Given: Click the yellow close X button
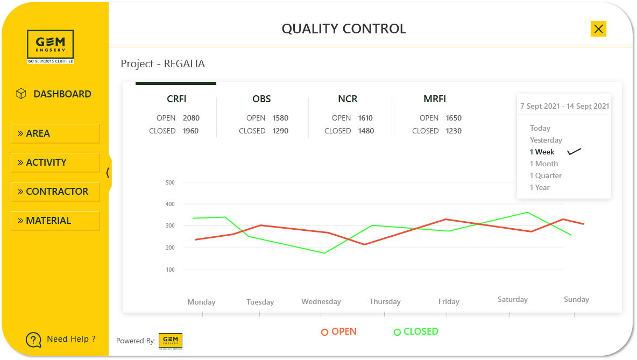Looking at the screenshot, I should click(x=598, y=29).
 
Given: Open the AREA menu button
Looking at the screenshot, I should click(x=55, y=133).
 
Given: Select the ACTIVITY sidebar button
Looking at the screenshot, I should click(x=55, y=163).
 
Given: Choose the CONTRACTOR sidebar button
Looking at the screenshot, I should click(x=55, y=192).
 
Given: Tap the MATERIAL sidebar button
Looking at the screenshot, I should click(x=55, y=221).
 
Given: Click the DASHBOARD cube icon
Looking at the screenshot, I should click(x=21, y=94).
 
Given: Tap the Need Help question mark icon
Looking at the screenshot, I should click(x=33, y=340).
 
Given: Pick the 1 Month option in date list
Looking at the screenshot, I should click(x=543, y=164).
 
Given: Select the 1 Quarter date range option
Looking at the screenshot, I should click(x=546, y=175).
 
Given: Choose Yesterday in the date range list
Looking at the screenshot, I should click(x=546, y=140).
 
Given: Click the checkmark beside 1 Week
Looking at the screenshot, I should click(x=575, y=152).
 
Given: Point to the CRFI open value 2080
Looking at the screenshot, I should click(x=191, y=118).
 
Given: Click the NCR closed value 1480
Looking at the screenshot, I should click(x=366, y=131).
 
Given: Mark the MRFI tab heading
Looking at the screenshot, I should click(x=435, y=99).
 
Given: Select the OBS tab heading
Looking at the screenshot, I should click(x=261, y=99).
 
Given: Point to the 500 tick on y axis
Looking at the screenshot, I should click(x=170, y=182).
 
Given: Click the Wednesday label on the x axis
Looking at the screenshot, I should click(x=321, y=302).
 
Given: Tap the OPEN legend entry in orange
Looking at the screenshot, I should click(x=339, y=331).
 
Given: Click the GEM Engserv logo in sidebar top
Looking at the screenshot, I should click(x=51, y=47).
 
